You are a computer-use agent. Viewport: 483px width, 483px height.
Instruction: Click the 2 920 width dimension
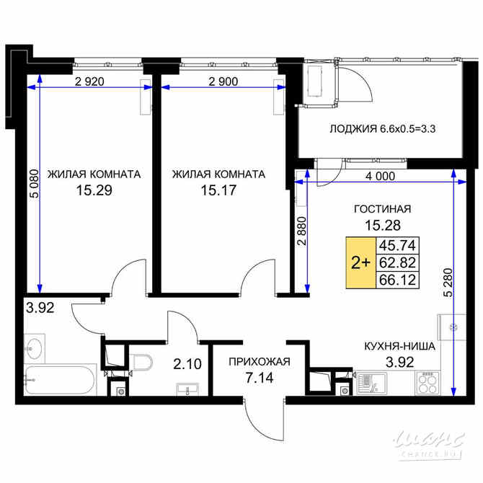point(89,81)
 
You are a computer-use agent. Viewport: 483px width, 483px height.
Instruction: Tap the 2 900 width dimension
point(223,81)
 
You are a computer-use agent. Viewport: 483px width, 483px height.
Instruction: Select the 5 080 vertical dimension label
point(35,184)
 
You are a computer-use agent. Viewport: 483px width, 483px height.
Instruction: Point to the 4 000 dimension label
point(380,176)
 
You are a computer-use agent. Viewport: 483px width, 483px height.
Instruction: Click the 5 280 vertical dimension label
point(448,283)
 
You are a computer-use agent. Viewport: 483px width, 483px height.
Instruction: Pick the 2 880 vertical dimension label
point(302,231)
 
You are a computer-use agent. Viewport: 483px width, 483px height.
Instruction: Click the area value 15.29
point(94,190)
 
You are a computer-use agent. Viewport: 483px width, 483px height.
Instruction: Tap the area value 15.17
point(218,190)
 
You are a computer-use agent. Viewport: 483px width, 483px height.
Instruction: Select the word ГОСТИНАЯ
point(383,209)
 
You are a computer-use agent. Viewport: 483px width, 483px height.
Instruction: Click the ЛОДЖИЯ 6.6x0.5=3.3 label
point(383,129)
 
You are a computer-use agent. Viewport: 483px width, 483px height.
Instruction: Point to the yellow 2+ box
point(360,262)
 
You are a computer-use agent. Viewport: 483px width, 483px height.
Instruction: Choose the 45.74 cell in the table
point(397,246)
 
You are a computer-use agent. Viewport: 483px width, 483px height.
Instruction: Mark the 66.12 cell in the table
point(397,280)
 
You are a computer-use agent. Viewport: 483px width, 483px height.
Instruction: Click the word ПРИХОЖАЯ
point(260,362)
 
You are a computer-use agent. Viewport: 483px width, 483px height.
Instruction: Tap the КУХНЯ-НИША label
point(399,346)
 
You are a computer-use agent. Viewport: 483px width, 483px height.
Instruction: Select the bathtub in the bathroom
point(61,379)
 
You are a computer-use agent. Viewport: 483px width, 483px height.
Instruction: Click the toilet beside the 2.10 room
point(141,362)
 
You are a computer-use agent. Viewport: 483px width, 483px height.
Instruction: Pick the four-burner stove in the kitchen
point(427,383)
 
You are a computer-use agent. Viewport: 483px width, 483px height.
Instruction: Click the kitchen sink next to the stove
point(371,384)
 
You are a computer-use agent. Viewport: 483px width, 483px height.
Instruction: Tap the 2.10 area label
point(187,364)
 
